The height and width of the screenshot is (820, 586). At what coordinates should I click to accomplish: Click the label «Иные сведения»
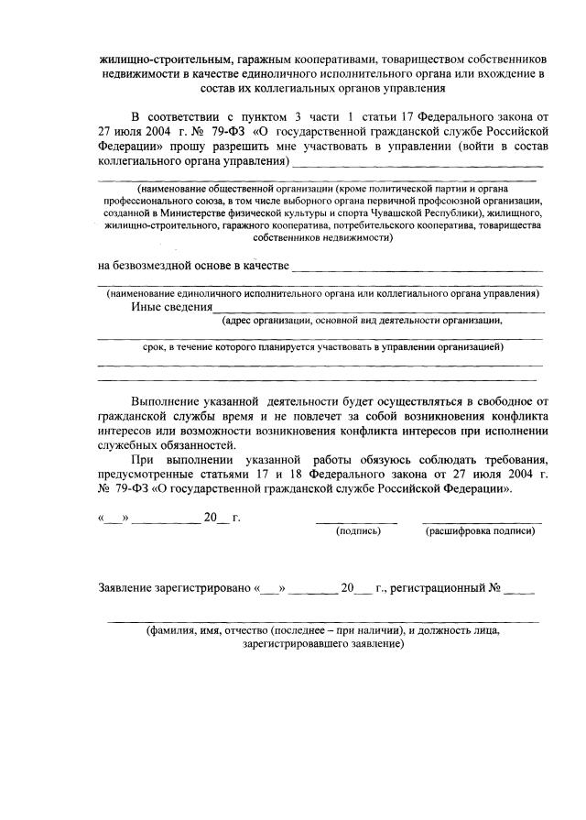[x=171, y=307]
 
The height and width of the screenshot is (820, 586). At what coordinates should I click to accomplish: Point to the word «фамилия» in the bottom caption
[x=178, y=631]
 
